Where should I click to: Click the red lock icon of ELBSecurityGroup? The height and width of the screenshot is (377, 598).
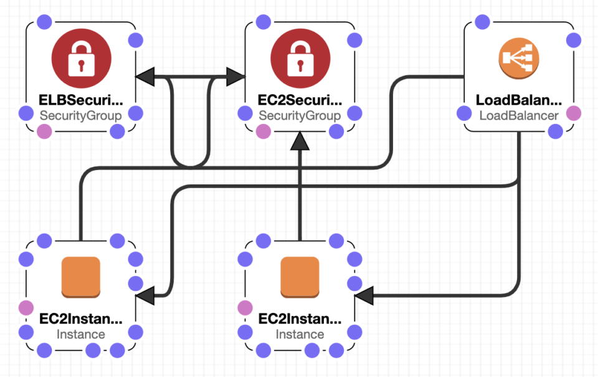click(x=82, y=59)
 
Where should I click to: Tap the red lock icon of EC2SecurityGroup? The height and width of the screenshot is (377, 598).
click(x=300, y=59)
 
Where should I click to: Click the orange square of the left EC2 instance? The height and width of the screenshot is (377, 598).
click(x=81, y=277)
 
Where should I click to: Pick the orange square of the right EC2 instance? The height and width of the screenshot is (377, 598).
click(x=300, y=277)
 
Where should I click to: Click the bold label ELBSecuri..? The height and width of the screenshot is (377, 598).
click(x=81, y=100)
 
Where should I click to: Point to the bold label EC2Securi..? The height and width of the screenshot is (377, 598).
click(x=300, y=100)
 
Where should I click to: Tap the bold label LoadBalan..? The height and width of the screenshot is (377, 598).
click(x=518, y=100)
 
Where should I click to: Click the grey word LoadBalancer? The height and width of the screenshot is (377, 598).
click(x=518, y=115)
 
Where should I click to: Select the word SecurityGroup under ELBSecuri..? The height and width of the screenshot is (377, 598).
click(x=81, y=115)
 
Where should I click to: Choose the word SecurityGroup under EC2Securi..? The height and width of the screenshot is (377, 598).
click(x=300, y=115)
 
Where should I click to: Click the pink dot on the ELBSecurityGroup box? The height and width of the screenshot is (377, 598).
click(x=44, y=131)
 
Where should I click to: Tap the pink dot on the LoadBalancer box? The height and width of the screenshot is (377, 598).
click(x=573, y=113)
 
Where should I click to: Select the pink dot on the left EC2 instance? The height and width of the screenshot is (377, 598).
click(x=26, y=307)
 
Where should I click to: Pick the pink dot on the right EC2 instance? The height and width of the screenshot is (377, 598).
click(x=245, y=307)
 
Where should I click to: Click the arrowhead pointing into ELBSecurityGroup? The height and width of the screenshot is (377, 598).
click(x=145, y=77)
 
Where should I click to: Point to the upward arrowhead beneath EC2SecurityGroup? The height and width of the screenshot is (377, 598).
click(x=300, y=141)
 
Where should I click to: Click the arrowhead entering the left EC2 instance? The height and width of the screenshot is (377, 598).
click(x=145, y=296)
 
